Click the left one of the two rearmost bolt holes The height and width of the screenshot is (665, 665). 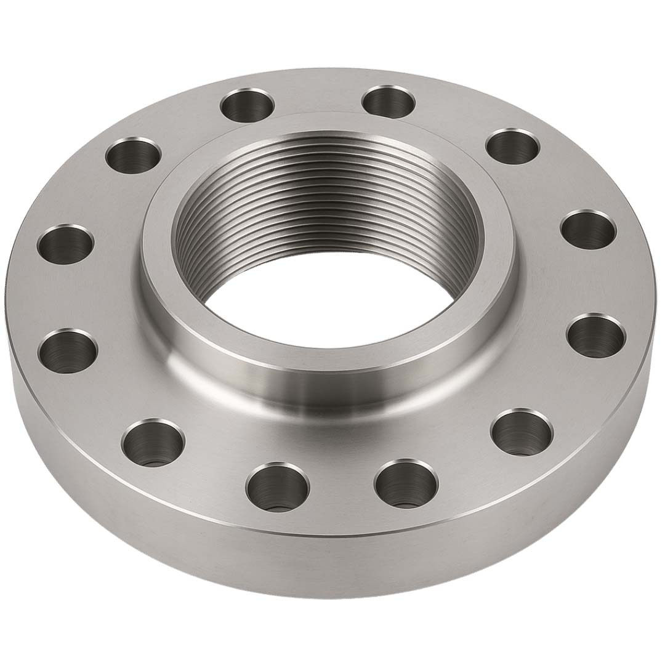tap(246, 105)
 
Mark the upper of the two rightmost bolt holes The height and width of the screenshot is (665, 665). tap(588, 230)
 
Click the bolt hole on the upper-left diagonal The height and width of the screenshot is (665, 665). tap(133, 155)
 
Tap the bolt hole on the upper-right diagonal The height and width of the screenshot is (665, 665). tap(513, 146)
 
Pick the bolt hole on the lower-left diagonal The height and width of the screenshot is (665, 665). tap(153, 441)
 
